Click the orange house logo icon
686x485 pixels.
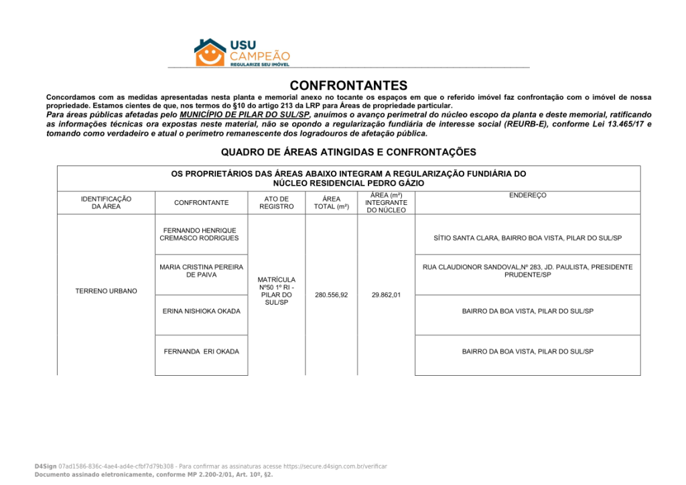(210, 52)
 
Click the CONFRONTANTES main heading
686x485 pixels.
(348, 86)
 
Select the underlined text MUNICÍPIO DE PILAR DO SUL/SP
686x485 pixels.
(245, 115)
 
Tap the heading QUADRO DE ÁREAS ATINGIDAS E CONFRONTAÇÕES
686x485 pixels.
(348, 152)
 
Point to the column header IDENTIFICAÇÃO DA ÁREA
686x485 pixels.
(106, 202)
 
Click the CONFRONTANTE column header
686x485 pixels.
(201, 202)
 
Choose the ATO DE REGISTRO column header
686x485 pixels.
(277, 202)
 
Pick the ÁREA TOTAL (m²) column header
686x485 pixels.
(332, 202)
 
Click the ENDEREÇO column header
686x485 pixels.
(527, 195)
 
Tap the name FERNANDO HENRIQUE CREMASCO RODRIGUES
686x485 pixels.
(199, 234)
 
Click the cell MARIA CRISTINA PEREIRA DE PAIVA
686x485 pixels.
(201, 271)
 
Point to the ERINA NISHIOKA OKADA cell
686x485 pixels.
(201, 311)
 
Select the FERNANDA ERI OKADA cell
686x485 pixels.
(201, 352)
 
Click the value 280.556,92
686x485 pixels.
(332, 295)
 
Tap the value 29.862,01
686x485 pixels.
(386, 295)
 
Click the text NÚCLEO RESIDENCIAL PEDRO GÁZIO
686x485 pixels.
(348, 183)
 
